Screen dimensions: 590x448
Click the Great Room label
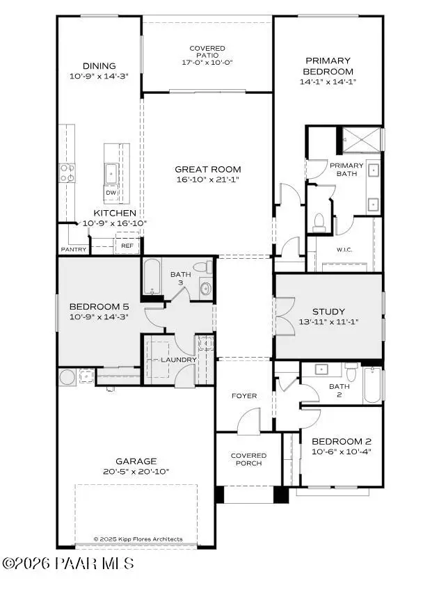tap(207, 169)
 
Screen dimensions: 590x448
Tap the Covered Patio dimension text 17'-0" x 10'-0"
tap(207, 63)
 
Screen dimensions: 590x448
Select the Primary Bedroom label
tap(328, 66)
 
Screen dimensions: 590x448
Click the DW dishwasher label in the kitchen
tap(111, 193)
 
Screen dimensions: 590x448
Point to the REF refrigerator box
tap(127, 246)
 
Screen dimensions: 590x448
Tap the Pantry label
tap(74, 249)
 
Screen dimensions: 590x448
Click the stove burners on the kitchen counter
tap(67, 173)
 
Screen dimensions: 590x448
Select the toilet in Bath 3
tap(202, 267)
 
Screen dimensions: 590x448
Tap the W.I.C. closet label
tap(346, 250)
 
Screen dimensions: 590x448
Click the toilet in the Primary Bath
tap(319, 221)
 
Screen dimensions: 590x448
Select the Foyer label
tap(243, 396)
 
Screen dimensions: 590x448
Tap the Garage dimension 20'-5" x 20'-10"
tap(136, 471)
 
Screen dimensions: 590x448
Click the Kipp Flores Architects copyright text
tap(138, 539)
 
